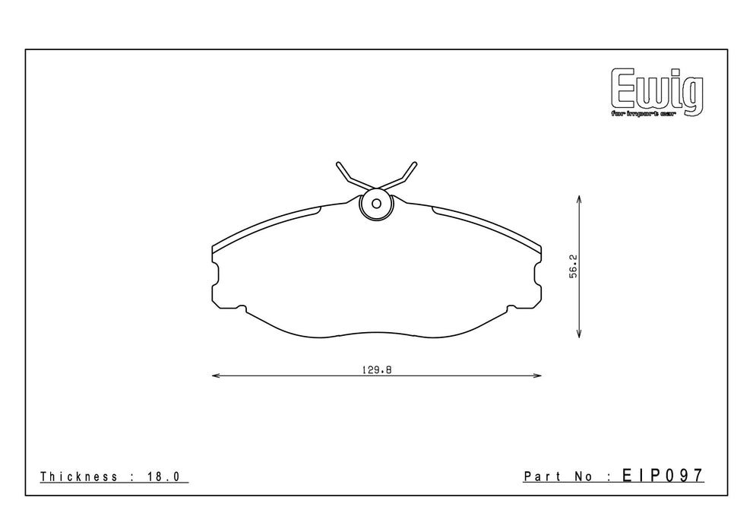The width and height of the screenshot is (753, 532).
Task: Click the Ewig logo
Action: pos(657,92)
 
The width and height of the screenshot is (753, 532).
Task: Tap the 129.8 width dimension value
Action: pos(377,369)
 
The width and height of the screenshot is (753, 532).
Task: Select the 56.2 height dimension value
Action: pos(573,267)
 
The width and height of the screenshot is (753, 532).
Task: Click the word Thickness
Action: pos(79,477)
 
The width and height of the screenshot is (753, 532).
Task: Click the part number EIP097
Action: pos(663,475)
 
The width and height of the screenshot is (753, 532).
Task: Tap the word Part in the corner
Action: pos(543,477)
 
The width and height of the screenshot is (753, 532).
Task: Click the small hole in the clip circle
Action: pos(377,204)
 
